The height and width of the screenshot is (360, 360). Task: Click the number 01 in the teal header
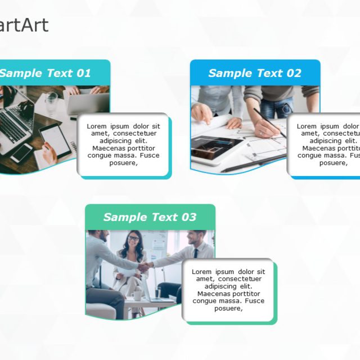[83, 73]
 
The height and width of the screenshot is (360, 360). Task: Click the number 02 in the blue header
[294, 73]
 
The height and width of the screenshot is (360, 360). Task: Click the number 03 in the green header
[188, 217]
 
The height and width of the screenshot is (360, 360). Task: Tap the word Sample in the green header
[124, 217]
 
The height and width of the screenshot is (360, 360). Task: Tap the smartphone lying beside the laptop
[21, 152]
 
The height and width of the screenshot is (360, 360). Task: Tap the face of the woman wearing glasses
[133, 241]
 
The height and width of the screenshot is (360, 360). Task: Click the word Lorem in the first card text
[97, 126]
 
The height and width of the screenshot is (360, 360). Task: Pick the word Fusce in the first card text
[149, 155]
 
